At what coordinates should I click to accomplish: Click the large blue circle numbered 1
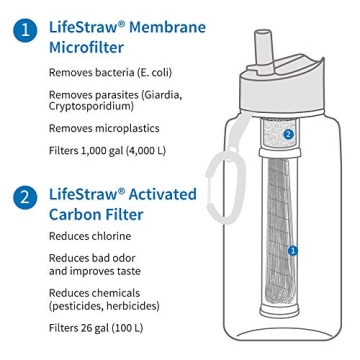24,30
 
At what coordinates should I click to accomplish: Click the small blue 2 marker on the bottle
288,133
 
